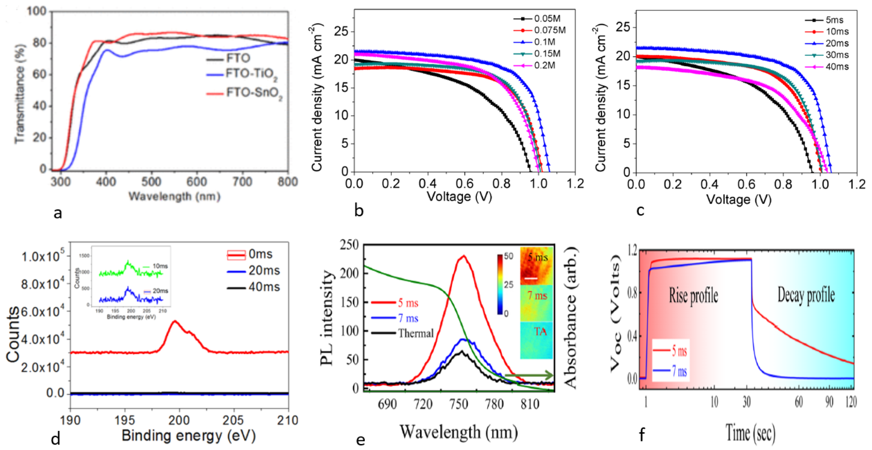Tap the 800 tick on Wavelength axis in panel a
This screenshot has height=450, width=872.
287,182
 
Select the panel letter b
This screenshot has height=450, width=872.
358,211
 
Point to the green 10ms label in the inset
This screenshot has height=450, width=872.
160,266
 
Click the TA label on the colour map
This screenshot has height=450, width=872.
540,331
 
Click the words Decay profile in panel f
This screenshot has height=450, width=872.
806,295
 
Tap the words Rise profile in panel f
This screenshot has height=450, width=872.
693,296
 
